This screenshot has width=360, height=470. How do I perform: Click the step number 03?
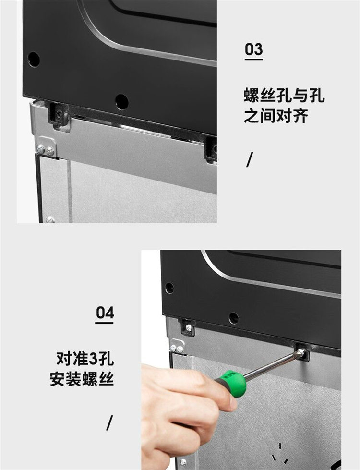[x=253, y=49]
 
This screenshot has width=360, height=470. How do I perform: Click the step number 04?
[x=105, y=313]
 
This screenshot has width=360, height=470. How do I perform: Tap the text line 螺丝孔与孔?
[x=284, y=96]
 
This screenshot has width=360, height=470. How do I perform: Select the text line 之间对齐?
[x=276, y=116]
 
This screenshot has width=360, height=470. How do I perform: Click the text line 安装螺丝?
[x=82, y=378]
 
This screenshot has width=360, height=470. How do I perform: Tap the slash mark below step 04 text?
[x=110, y=422]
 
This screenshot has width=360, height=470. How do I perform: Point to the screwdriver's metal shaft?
[x=271, y=366]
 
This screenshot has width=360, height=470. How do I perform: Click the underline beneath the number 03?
[x=253, y=60]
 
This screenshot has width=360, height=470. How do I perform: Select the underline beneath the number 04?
[x=104, y=323]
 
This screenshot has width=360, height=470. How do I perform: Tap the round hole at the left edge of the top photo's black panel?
[x=34, y=60]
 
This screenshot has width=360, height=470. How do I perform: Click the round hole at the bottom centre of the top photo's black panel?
[x=122, y=102]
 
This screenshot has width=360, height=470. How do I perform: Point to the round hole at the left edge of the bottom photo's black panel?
[x=169, y=288]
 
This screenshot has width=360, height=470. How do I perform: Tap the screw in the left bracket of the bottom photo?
[x=188, y=327]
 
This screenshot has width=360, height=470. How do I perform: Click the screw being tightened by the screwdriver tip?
[x=302, y=353]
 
